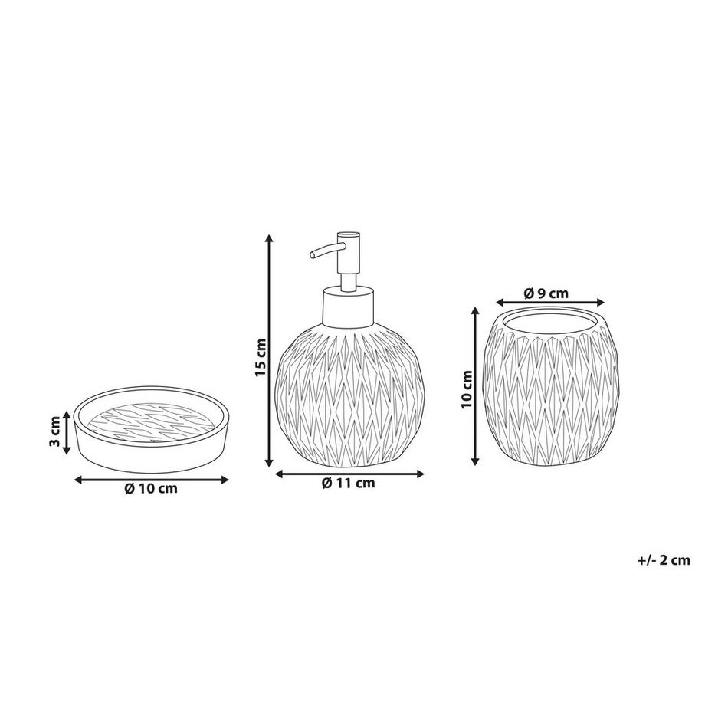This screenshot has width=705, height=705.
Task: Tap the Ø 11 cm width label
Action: (348, 483)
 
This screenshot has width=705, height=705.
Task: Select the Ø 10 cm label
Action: (150, 489)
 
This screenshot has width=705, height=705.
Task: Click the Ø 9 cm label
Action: (546, 293)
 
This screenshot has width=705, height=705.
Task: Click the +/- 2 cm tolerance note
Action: (664, 560)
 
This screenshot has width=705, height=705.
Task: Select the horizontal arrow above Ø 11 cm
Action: (348, 473)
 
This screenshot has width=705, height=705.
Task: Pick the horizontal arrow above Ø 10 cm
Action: (151, 479)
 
